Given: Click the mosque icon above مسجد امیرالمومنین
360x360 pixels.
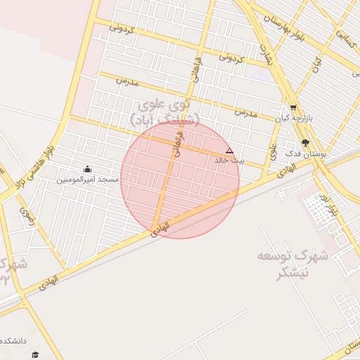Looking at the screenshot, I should point(87,169).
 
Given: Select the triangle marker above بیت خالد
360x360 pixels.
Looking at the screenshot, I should point(229,151).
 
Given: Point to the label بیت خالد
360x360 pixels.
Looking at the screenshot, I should point(230,161).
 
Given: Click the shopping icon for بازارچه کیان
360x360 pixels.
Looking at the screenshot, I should point(293,108).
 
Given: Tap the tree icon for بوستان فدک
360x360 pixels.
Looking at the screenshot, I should point(304,142).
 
